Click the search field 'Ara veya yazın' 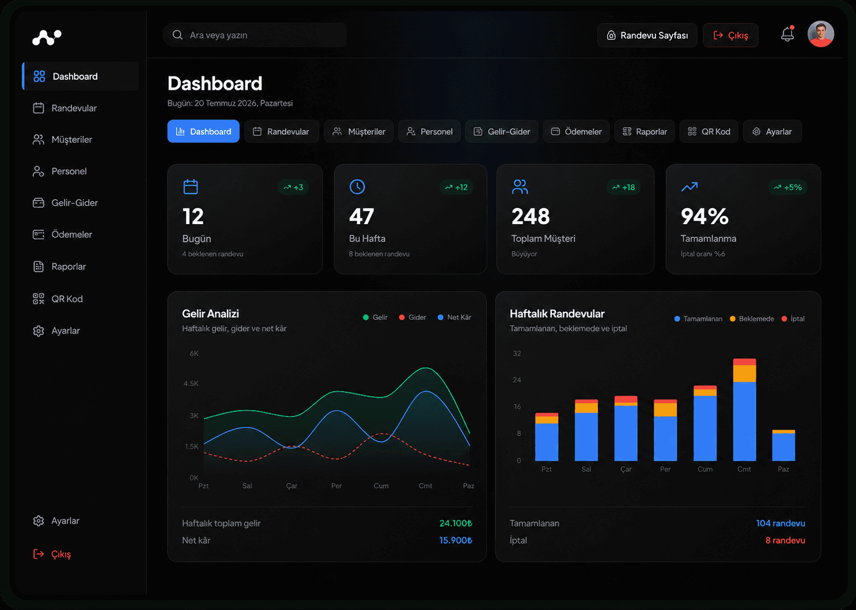click(x=255, y=35)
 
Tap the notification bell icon click(x=787, y=35)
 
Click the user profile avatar click(x=820, y=34)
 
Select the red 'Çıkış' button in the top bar click(x=730, y=35)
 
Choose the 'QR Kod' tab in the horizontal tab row click(x=709, y=131)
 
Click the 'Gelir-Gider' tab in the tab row click(x=502, y=131)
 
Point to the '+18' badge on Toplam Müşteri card click(x=623, y=187)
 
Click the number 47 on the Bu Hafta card click(x=362, y=217)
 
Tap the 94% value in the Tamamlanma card click(x=705, y=217)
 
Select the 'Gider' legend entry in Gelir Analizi click(x=412, y=317)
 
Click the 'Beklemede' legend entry click(x=752, y=319)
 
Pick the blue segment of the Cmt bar click(x=744, y=421)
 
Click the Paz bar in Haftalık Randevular click(x=783, y=445)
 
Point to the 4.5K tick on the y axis click(x=191, y=384)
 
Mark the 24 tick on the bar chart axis click(x=517, y=380)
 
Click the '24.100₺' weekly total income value click(x=456, y=523)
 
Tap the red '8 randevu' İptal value click(x=785, y=540)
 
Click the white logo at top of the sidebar click(x=47, y=37)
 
